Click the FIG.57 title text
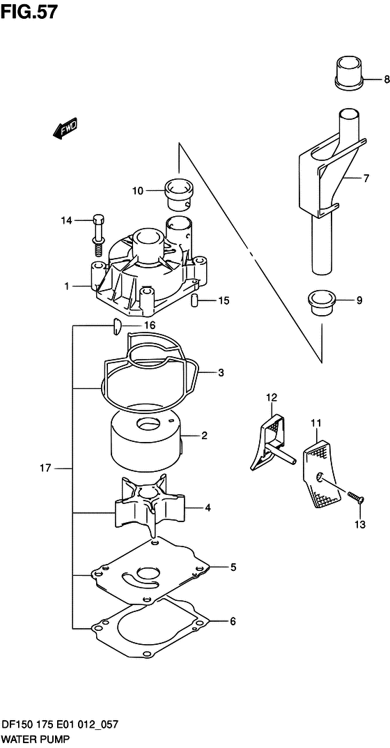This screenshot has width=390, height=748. pyautogui.click(x=29, y=11)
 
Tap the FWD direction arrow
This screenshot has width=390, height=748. pyautogui.click(x=65, y=129)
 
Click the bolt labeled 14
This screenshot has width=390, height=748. pyautogui.click(x=97, y=235)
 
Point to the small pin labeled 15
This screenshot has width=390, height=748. pyautogui.click(x=194, y=301)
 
